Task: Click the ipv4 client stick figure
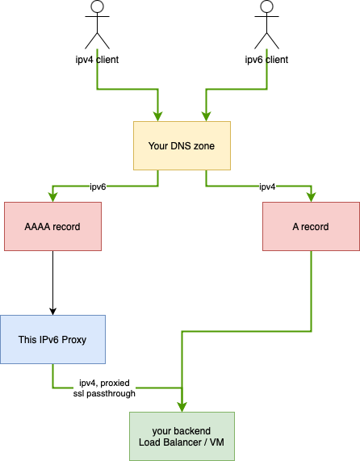pos(97,26)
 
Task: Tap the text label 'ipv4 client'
pos(97,59)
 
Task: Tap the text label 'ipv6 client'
pos(266,59)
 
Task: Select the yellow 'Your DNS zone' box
pos(182,146)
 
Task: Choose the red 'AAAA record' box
pos(52,227)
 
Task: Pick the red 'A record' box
pos(311,227)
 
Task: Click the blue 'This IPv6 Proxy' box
pos(52,340)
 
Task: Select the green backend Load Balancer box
pos(182,436)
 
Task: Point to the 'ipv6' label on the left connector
pos(98,186)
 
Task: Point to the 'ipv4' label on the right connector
pos(267,186)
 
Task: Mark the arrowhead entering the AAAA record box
pos(52,198)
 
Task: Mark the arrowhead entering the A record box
pos(311,198)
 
